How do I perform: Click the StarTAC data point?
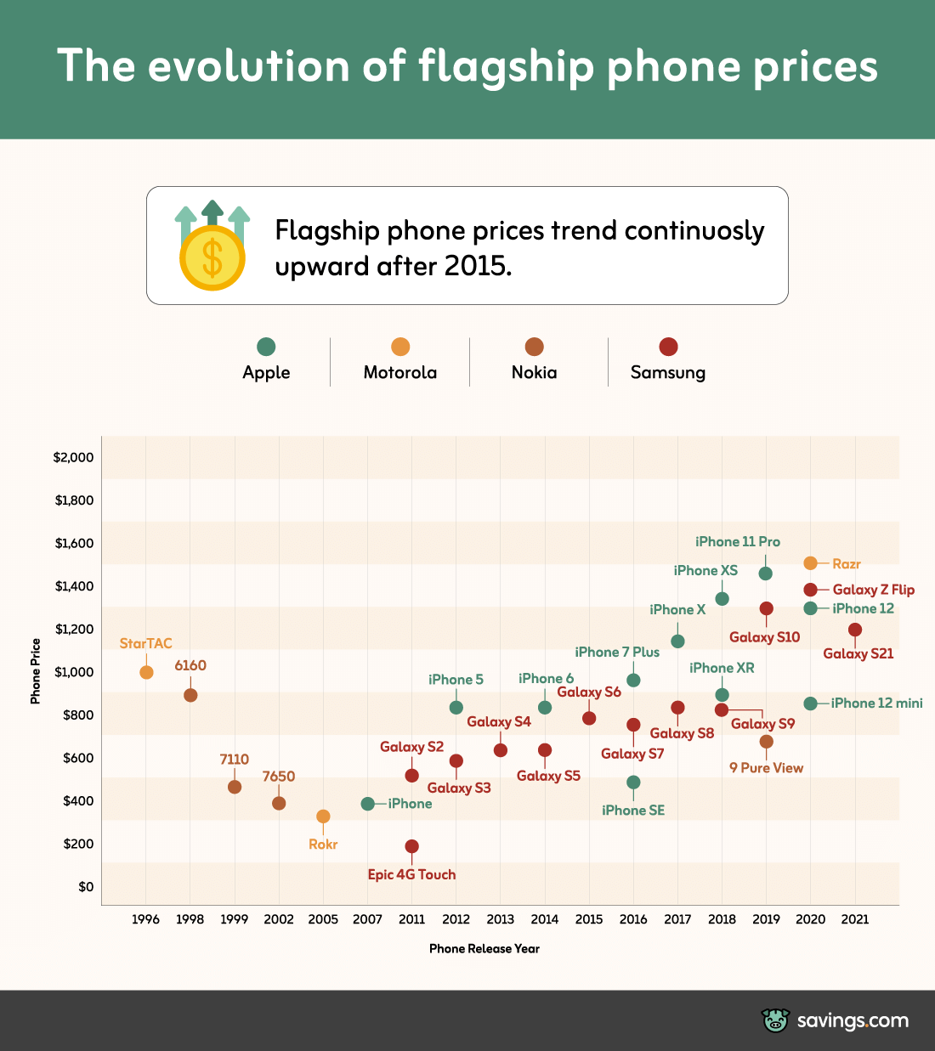(x=146, y=672)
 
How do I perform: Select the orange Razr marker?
(x=810, y=563)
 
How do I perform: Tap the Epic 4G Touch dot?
(x=411, y=846)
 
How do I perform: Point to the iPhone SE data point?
(x=633, y=783)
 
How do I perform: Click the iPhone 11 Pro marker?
(x=765, y=574)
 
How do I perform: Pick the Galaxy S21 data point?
(x=854, y=630)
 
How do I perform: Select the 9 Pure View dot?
(x=766, y=742)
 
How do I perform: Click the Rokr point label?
(x=323, y=844)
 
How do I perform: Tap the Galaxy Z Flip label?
(x=873, y=590)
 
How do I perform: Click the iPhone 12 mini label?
(x=876, y=703)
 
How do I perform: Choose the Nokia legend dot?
(x=534, y=347)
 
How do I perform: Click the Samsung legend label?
(x=668, y=372)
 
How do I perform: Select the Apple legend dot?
(x=266, y=347)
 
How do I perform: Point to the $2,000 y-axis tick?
(x=73, y=457)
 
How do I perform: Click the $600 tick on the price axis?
(x=78, y=758)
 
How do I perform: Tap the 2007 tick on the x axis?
(x=367, y=919)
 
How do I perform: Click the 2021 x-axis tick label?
(x=854, y=919)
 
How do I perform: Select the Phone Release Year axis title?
(x=484, y=948)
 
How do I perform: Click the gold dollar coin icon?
(x=212, y=257)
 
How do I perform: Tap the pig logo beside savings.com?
(x=775, y=1020)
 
